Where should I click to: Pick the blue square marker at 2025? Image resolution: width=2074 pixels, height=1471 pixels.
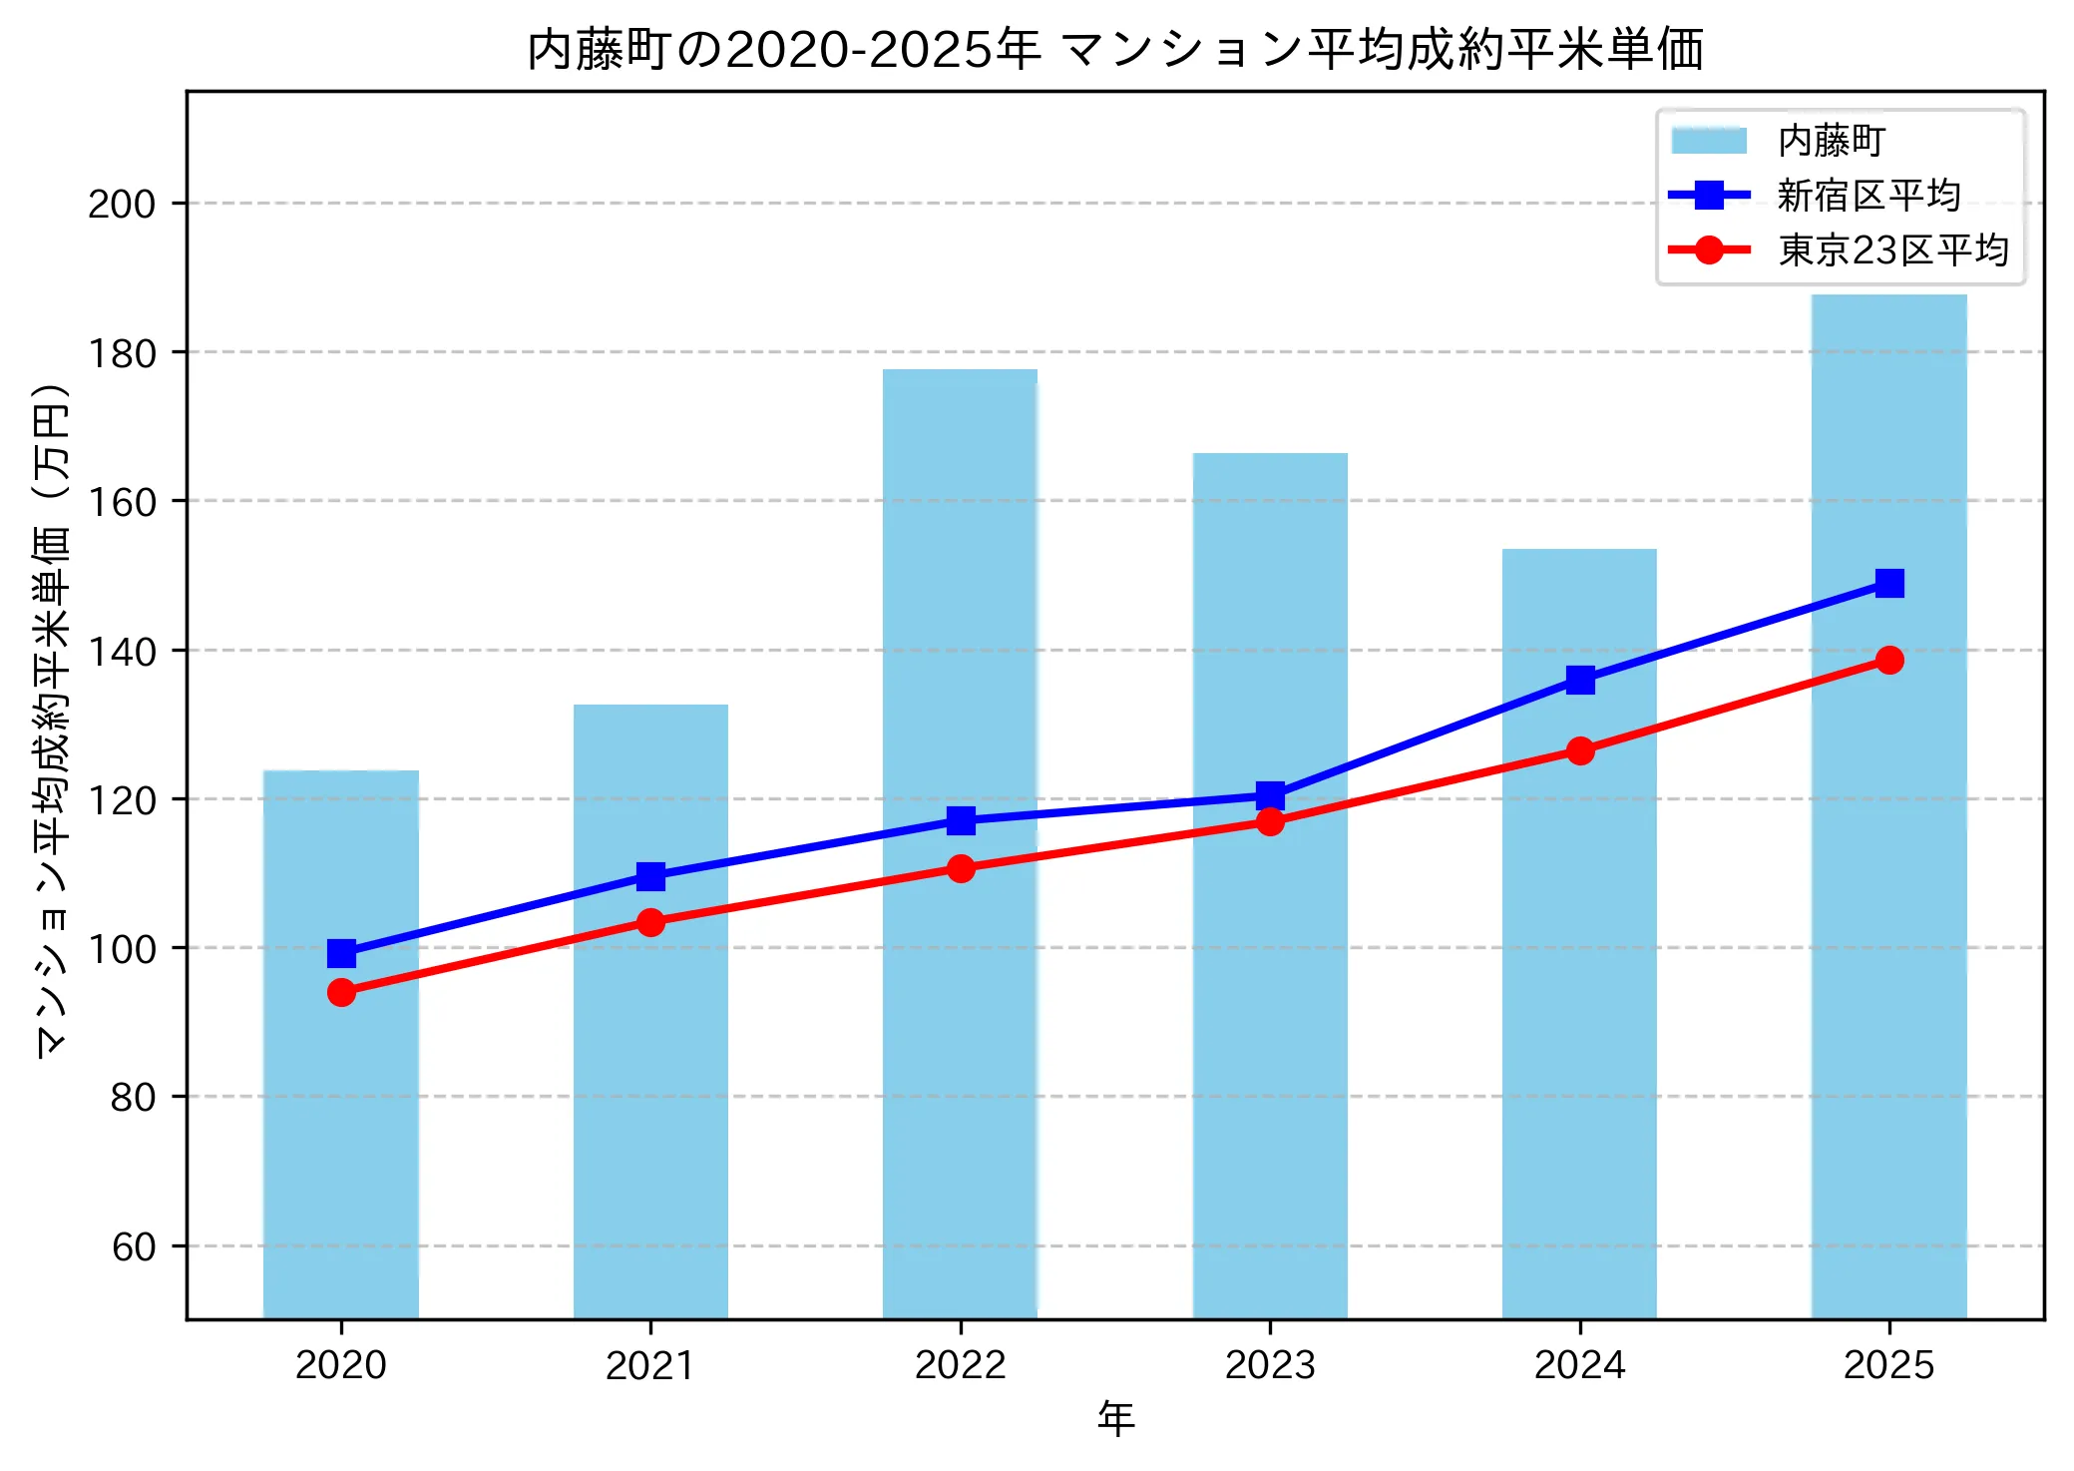1888,583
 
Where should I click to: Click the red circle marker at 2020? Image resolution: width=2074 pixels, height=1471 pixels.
341,992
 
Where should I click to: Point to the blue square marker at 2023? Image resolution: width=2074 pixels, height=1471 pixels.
1270,795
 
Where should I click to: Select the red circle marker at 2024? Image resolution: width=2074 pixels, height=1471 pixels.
1579,750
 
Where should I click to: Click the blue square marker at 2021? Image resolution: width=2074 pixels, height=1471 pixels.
650,876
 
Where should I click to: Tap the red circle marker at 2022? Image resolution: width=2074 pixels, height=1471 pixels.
961,868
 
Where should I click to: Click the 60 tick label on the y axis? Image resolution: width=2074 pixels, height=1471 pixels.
134,1247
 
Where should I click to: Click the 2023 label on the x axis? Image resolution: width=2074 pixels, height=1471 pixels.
1270,1365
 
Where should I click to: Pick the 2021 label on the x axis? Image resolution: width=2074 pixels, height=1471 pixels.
650,1365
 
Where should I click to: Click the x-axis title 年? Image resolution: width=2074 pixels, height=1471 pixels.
1115,1418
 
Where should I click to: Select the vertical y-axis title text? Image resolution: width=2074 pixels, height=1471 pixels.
52,719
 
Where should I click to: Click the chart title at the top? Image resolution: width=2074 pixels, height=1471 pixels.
1114,50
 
